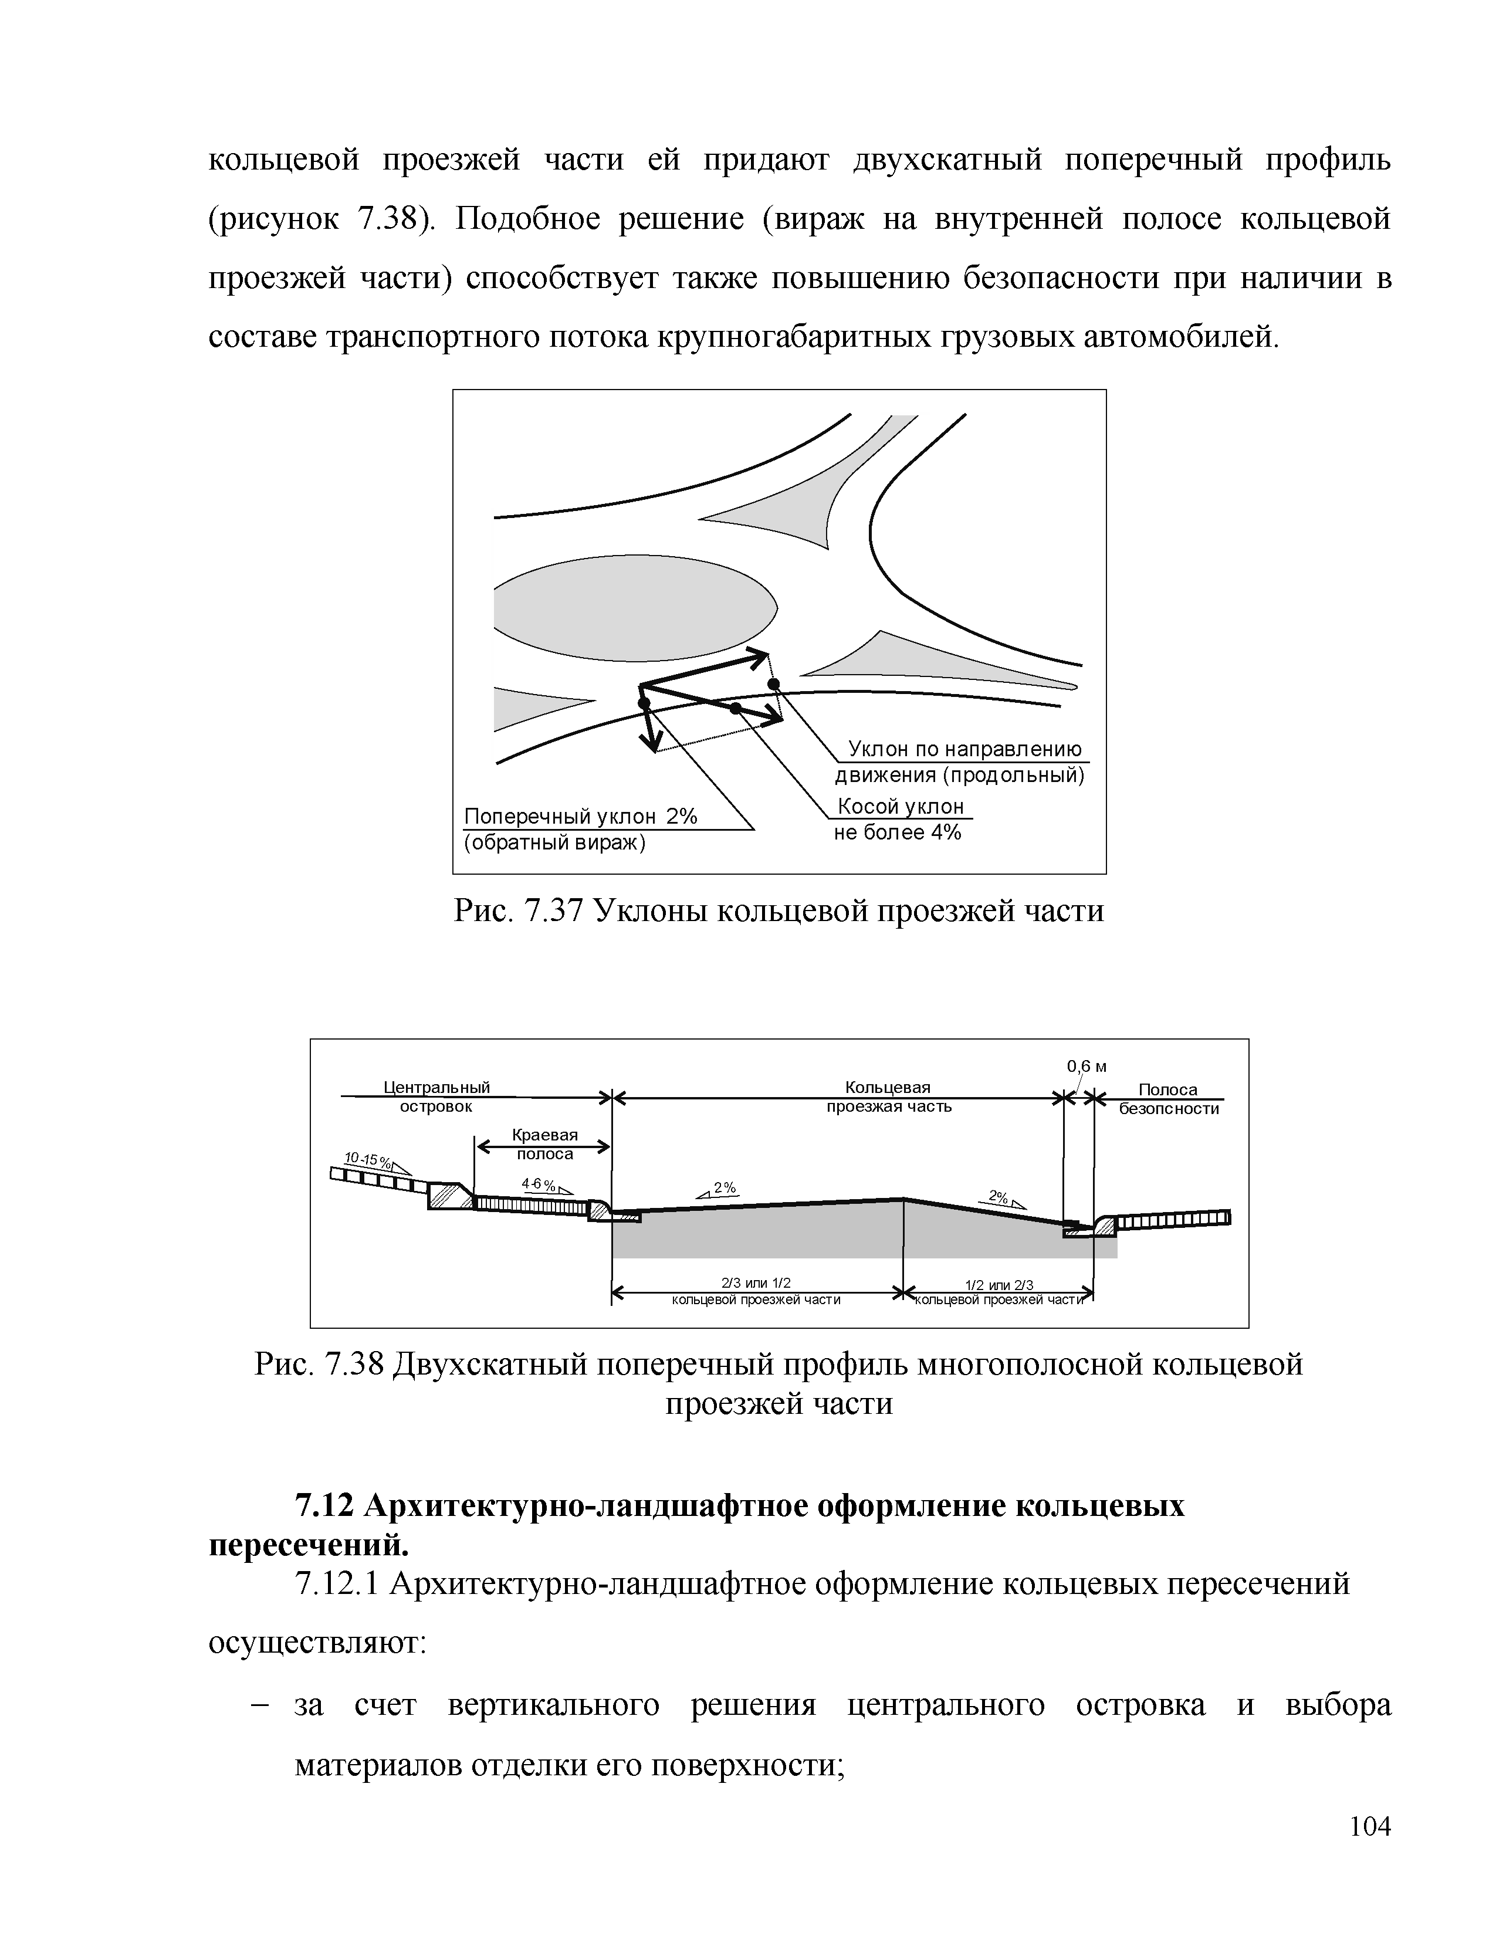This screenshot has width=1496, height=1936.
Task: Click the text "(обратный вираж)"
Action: (x=555, y=842)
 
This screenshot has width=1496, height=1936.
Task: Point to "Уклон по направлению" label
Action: (x=965, y=749)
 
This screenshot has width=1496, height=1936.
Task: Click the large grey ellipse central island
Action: (x=635, y=611)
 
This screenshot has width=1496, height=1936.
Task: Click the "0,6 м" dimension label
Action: (x=1087, y=1067)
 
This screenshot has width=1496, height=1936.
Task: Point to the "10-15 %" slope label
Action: (x=363, y=1159)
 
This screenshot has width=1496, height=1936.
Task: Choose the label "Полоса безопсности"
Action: (x=1168, y=1099)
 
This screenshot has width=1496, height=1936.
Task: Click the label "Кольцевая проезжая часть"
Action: (x=888, y=1096)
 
